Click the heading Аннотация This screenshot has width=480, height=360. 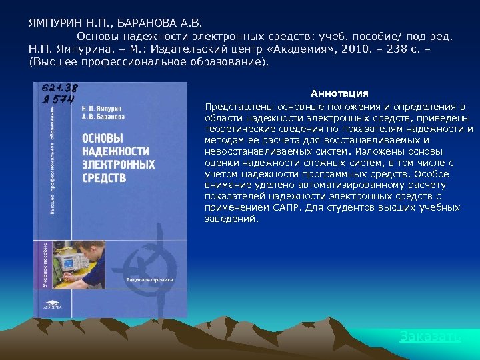[x=339, y=93]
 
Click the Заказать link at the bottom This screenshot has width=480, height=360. [x=429, y=336]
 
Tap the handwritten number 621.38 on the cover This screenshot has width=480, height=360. [x=60, y=89]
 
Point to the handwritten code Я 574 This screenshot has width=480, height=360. [x=57, y=99]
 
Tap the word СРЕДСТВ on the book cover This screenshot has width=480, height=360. [x=104, y=177]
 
